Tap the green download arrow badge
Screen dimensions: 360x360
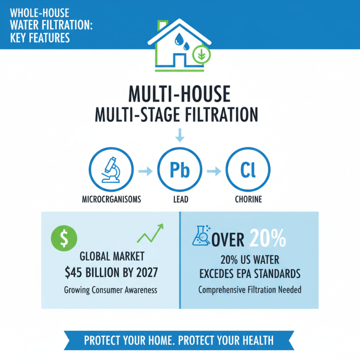(x=201, y=56)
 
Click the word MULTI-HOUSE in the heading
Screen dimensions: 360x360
(x=180, y=95)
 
